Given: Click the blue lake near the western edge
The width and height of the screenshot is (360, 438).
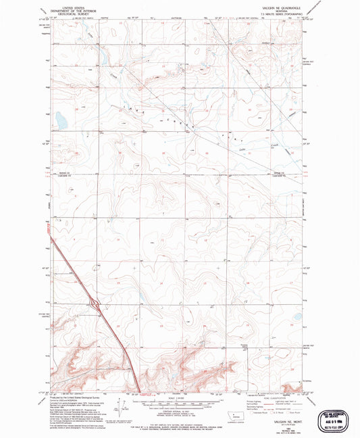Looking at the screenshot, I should click(59, 120).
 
